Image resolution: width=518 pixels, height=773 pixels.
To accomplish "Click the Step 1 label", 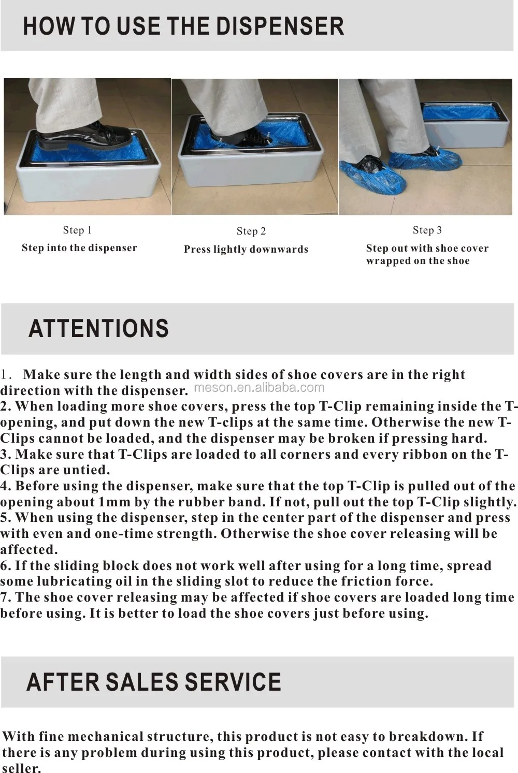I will click(x=77, y=230).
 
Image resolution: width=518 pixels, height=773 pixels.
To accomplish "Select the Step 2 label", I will click(x=251, y=231).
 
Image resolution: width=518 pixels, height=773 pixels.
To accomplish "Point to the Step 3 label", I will click(x=427, y=230).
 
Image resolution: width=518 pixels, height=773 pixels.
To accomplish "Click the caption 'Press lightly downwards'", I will click(x=246, y=249).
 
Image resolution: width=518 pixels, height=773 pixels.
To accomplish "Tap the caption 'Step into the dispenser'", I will click(x=79, y=247).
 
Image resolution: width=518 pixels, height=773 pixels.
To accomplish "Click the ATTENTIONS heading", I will click(x=98, y=328).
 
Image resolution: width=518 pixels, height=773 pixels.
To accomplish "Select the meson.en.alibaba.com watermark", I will click(x=259, y=387).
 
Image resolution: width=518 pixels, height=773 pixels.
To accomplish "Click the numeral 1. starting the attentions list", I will click(x=6, y=374).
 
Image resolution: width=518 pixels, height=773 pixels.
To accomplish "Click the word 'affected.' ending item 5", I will click(x=29, y=549).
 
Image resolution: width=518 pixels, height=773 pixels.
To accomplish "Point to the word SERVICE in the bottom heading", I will click(x=233, y=682).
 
